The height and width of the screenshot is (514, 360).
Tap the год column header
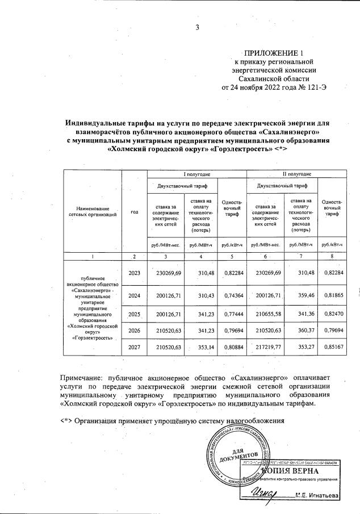[135, 212]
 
